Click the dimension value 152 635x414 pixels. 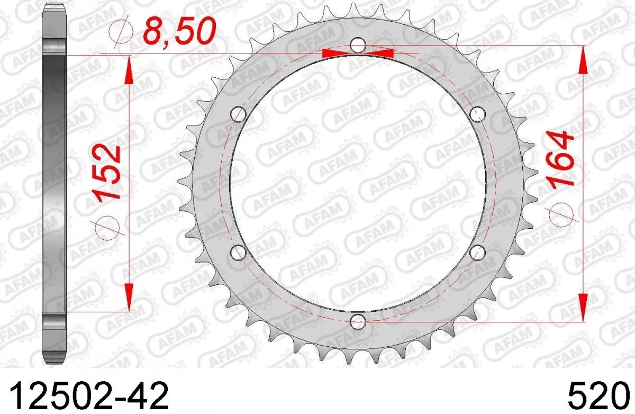pos(108,171)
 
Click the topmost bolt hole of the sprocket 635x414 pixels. pos(359,46)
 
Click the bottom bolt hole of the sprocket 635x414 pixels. pos(358,321)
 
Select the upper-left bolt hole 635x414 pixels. pos(239,113)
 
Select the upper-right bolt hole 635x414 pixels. pos(478,113)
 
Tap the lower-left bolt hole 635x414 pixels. pos(239,253)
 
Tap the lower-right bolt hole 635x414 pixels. pos(478,252)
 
